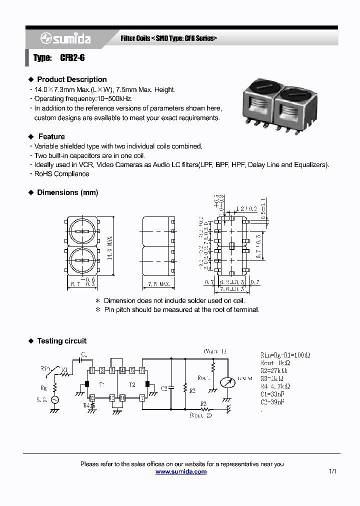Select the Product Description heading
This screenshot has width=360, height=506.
[71, 79]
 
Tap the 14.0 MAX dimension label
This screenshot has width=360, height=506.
[109, 247]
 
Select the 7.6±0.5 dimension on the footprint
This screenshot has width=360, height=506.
[231, 289]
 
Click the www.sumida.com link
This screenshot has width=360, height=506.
[180, 471]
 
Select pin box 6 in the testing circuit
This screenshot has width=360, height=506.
[142, 370]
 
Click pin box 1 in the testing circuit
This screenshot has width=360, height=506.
[92, 370]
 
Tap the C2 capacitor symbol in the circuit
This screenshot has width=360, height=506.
[171, 387]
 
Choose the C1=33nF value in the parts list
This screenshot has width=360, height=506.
[273, 394]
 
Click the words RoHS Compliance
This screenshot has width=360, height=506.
[61, 174]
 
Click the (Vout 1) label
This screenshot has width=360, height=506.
[214, 351]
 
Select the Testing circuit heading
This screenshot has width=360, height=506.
[61, 341]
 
